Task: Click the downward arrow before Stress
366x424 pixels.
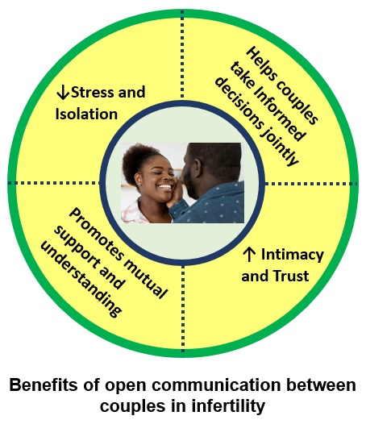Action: [63, 93]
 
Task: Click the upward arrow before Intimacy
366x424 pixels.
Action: [249, 255]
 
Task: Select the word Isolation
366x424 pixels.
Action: [86, 114]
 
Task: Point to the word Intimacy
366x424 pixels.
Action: [293, 256]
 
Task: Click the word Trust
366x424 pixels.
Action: [291, 276]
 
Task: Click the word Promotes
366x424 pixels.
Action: [95, 235]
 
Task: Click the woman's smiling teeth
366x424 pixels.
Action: [164, 186]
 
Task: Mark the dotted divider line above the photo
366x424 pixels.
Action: [182, 55]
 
